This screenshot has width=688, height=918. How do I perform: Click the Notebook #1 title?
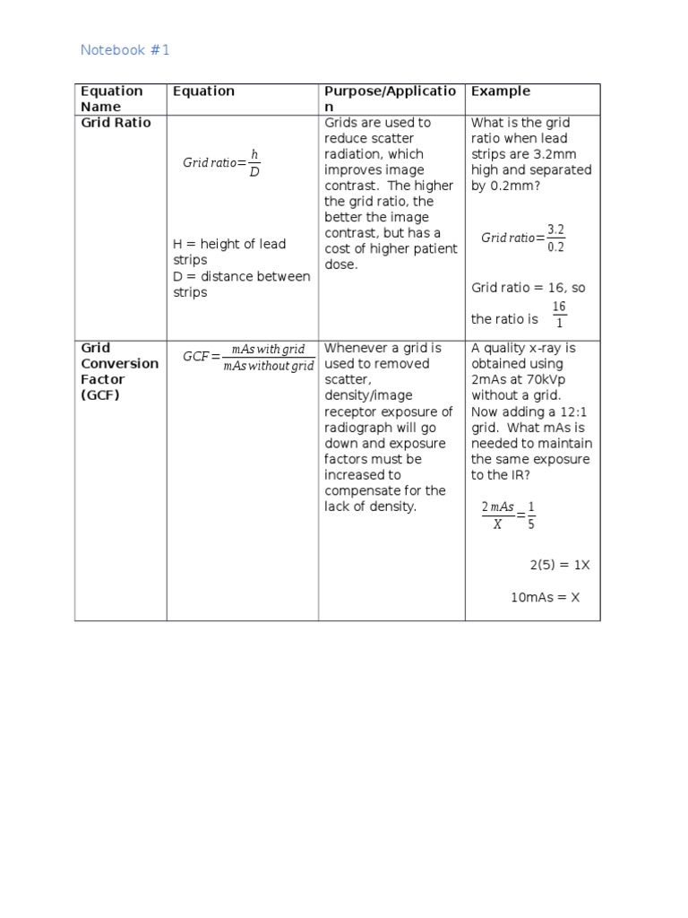tap(125, 50)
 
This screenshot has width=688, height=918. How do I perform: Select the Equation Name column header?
tap(111, 99)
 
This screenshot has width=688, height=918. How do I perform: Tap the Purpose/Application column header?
tap(390, 99)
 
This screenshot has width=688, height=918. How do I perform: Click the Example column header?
tap(500, 91)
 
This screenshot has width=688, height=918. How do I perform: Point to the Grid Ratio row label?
tap(116, 123)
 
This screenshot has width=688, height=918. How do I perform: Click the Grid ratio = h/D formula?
tap(221, 163)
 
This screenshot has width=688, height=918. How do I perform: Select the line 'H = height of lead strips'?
tap(228, 252)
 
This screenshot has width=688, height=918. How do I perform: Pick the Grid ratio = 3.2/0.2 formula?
tap(523, 238)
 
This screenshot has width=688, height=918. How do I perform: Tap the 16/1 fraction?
tap(559, 315)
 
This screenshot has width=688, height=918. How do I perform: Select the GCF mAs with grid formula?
tap(248, 357)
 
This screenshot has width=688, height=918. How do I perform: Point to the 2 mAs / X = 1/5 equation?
tap(508, 515)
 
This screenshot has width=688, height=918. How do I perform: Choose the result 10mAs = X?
tap(545, 597)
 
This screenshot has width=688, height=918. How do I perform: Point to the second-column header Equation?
tap(203, 91)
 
